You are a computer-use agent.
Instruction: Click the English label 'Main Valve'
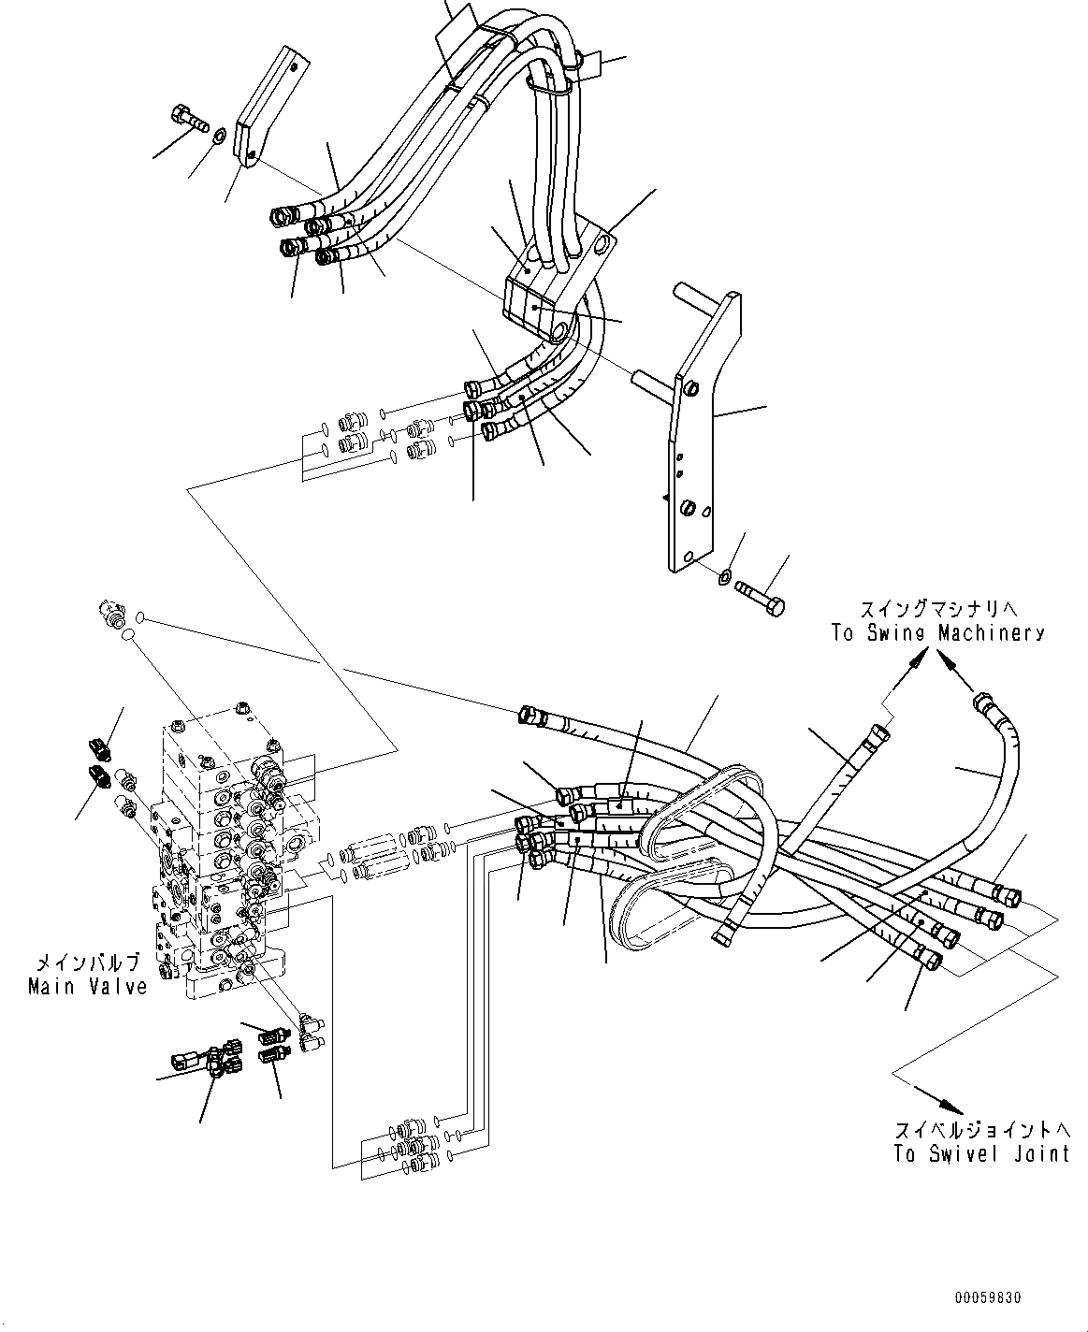pos(87,986)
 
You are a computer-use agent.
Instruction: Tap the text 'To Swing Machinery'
pos(937,633)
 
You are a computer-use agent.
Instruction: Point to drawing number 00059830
pos(988,1298)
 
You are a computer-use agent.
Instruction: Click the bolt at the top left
pos(191,119)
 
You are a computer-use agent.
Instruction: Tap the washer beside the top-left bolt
pos(218,137)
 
